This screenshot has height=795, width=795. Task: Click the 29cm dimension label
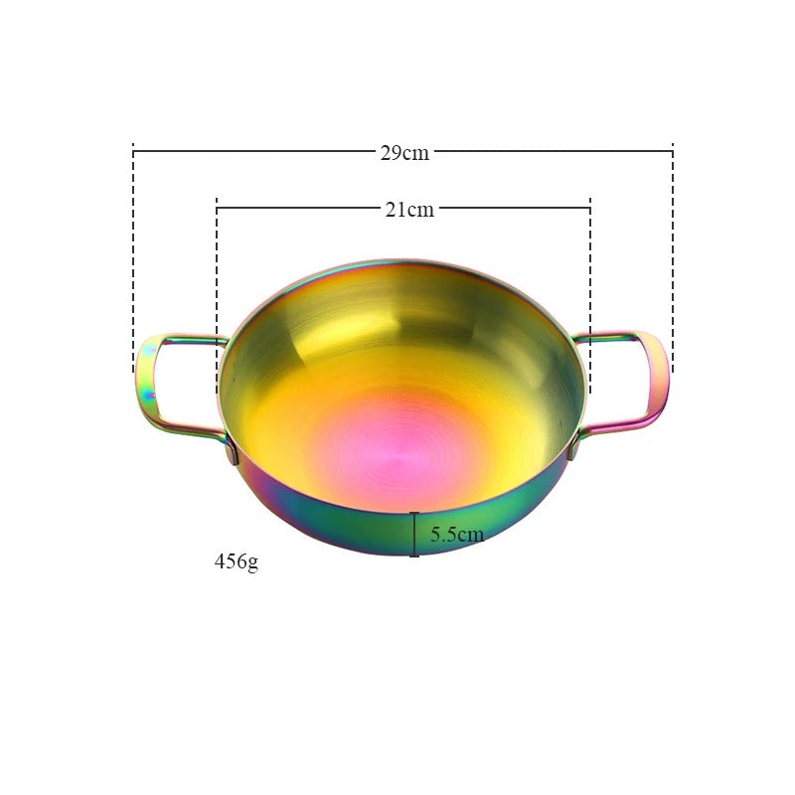(x=403, y=153)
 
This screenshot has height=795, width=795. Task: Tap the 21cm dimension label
(x=409, y=209)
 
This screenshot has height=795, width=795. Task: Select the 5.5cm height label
(x=457, y=535)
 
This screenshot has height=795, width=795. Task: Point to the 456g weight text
(x=237, y=561)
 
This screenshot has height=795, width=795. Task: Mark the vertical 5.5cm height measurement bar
(x=414, y=535)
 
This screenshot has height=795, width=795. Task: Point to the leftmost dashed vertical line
(x=133, y=258)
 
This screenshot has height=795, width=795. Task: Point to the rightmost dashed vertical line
(x=673, y=258)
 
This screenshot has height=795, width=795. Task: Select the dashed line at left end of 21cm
(x=217, y=288)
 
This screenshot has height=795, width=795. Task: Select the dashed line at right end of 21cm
(x=590, y=288)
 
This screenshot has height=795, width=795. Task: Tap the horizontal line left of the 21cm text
(x=298, y=208)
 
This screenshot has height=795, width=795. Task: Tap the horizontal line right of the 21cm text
(x=513, y=208)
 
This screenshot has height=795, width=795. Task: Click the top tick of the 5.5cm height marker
(x=414, y=513)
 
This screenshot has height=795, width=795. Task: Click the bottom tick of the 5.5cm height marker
(x=414, y=556)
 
